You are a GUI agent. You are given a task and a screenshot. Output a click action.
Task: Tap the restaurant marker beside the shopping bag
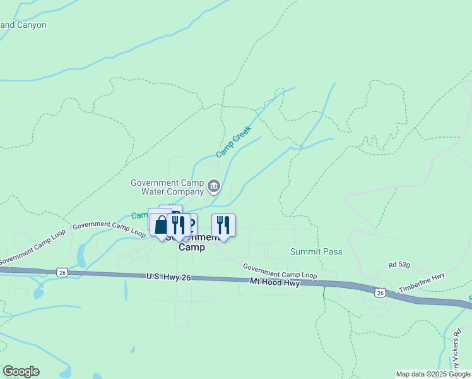click(179, 226)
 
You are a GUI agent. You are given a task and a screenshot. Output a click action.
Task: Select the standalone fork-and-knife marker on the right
click(223, 226)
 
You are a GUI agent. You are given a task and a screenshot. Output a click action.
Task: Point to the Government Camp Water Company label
click(167, 187)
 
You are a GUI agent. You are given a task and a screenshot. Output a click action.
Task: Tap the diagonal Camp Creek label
click(233, 141)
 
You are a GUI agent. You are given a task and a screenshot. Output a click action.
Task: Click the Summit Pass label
click(316, 251)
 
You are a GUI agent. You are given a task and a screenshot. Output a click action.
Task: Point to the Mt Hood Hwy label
click(274, 282)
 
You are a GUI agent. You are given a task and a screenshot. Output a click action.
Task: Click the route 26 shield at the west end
click(61, 272)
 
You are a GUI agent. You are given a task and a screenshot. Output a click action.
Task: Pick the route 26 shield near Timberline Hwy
click(379, 292)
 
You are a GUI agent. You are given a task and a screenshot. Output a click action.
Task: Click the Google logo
click(21, 371)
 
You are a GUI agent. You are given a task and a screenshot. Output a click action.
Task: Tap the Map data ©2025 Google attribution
click(433, 374)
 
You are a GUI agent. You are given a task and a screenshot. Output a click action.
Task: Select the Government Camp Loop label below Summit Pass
click(280, 271)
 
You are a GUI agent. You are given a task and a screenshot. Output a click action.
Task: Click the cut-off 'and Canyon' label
click(23, 25)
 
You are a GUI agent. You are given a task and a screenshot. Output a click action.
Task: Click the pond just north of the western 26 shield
click(81, 256)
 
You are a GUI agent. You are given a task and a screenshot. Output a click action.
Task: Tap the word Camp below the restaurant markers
click(191, 248)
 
